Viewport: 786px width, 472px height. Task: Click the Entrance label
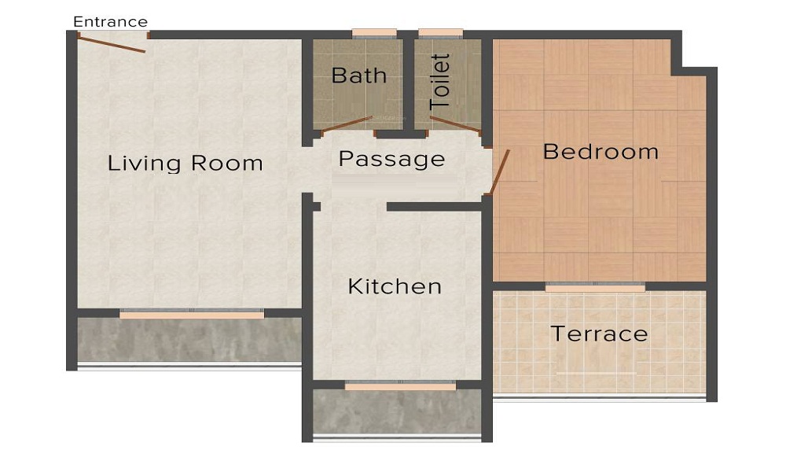110,21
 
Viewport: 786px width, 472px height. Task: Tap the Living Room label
185,164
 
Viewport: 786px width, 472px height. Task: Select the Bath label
359,76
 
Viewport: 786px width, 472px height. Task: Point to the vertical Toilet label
440,81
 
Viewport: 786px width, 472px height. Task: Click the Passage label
391,160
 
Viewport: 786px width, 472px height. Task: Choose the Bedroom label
601,151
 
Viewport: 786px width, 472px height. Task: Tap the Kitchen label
395,286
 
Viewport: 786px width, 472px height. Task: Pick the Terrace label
599,334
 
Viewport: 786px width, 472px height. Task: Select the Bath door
347,123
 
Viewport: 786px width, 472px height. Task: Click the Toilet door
456,124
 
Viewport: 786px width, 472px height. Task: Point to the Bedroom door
499,172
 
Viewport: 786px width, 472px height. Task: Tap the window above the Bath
374,34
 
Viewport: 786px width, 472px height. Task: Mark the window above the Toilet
441,34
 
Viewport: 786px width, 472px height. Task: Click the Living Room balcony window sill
192,315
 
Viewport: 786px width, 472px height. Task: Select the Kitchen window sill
400,386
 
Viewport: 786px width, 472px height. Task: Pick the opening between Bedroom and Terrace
595,288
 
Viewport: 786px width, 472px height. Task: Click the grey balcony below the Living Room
189,340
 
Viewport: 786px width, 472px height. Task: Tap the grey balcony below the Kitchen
397,411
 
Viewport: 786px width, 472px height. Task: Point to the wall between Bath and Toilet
409,83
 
